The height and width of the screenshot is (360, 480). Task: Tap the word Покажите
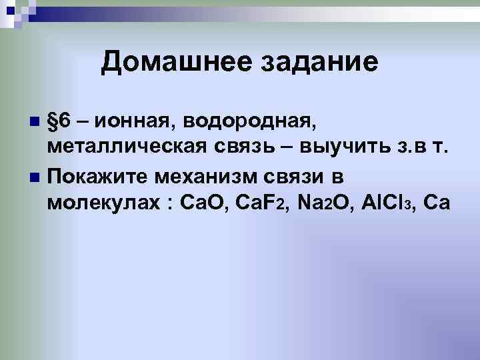(101, 175)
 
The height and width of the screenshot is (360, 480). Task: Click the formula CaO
(203, 202)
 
